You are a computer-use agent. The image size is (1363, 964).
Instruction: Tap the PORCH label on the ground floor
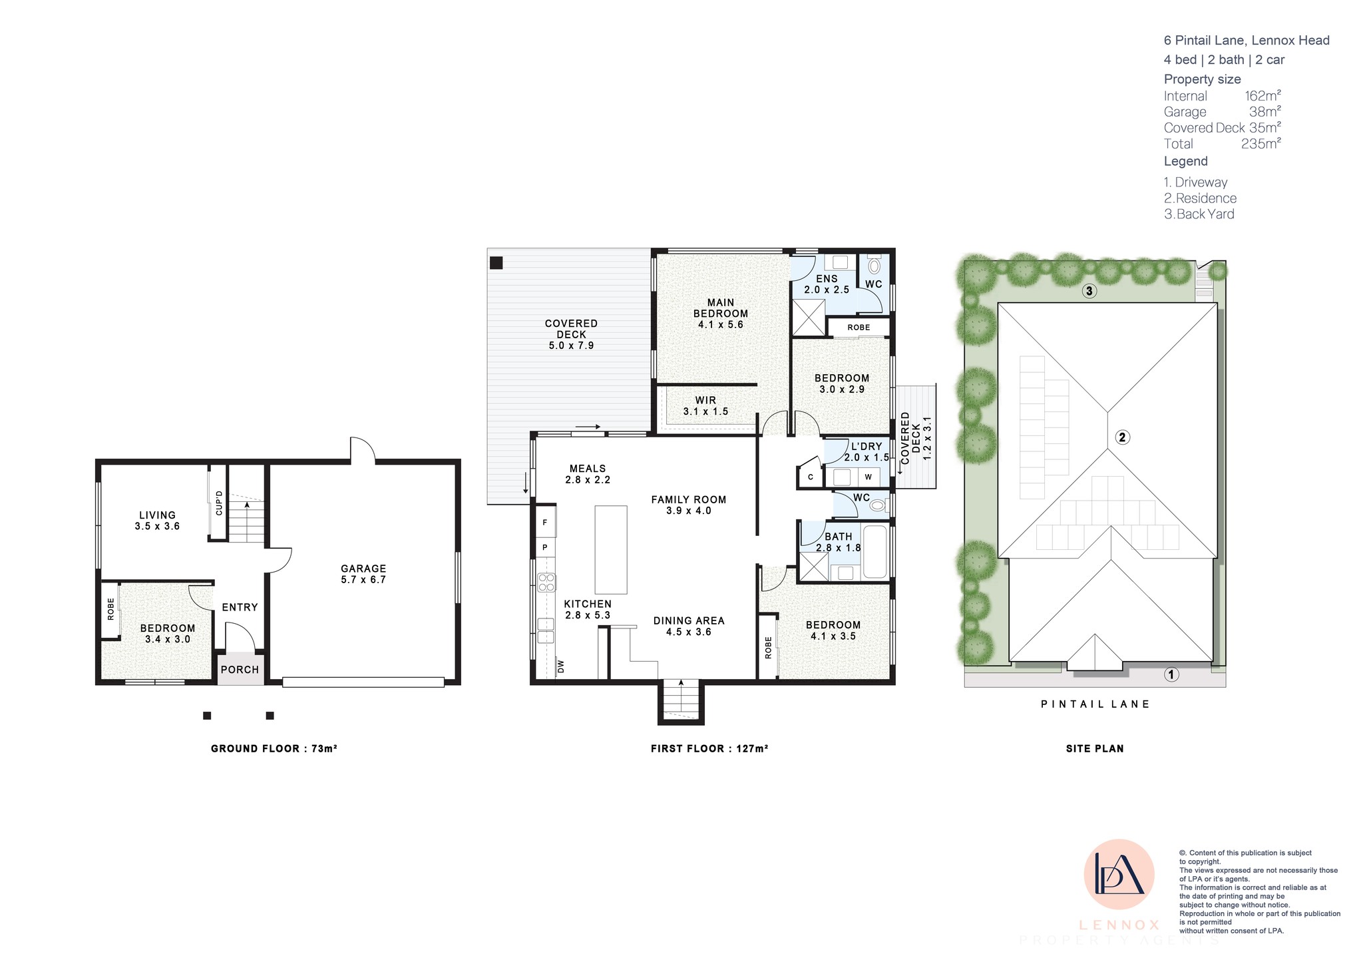point(240,670)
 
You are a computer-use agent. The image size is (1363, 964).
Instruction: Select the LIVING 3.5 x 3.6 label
point(157,521)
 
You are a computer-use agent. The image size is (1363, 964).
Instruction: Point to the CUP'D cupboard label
point(219,503)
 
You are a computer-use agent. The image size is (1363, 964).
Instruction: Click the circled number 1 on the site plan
point(1171,674)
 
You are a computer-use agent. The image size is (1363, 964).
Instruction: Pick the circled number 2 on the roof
point(1122,437)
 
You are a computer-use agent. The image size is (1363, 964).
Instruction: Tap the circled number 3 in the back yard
point(1089,291)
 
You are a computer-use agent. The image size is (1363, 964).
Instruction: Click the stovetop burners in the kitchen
point(546,583)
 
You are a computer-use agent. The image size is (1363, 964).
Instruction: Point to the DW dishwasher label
point(560,666)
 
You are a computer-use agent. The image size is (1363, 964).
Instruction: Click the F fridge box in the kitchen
point(546,523)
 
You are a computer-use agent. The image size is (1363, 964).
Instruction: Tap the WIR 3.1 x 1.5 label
point(705,406)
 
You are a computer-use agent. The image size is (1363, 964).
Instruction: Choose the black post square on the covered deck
point(496,262)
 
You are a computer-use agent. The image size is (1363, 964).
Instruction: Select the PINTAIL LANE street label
point(1095,704)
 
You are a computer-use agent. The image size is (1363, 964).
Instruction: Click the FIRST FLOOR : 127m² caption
point(709,748)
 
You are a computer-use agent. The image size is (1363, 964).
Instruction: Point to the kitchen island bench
point(611,550)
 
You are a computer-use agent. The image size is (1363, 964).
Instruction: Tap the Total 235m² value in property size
point(1261,144)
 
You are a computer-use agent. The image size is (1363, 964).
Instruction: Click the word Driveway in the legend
point(1201,182)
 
